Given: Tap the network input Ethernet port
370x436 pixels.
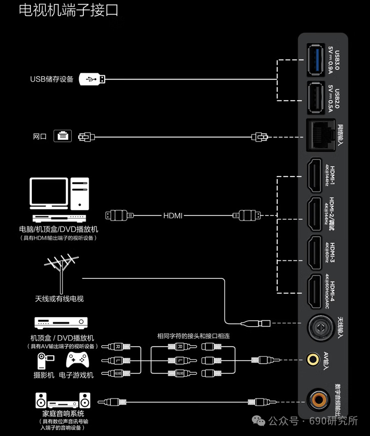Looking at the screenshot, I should pos(319,136).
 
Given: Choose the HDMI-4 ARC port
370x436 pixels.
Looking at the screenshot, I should pos(315,292).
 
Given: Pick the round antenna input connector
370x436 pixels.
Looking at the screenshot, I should pos(320,328).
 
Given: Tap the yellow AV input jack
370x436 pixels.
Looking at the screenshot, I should pos(314,359).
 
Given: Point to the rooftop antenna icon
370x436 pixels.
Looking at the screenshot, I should pos(59,272).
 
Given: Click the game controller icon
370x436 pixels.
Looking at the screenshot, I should pos(77,360).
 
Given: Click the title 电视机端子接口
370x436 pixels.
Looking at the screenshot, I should pos(68,10).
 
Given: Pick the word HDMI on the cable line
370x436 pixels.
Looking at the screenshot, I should pos(173,216).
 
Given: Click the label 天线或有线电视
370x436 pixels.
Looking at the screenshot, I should pos(59,299).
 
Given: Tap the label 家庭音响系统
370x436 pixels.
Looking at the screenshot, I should pos(63,414).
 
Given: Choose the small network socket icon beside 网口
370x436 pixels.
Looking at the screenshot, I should pos(63,135).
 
